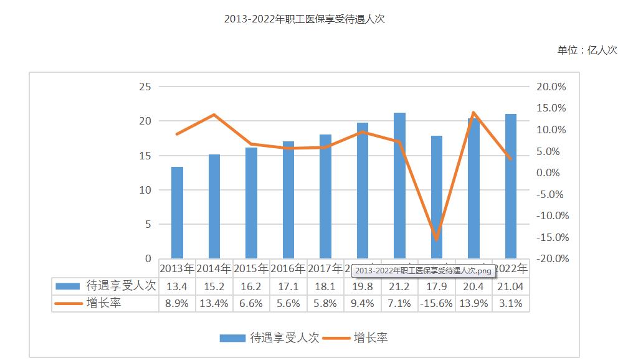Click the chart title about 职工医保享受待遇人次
(x=305, y=19)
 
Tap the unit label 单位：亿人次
(x=587, y=50)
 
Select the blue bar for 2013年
(x=178, y=212)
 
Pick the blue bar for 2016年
(x=288, y=200)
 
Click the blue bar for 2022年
(x=511, y=186)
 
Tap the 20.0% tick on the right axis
(x=551, y=87)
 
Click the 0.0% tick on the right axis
(x=552, y=172)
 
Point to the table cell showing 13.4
(x=177, y=286)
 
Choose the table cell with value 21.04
(x=510, y=286)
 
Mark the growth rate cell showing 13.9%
(x=473, y=303)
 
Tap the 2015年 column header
(x=251, y=268)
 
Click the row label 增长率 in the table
(x=104, y=303)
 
